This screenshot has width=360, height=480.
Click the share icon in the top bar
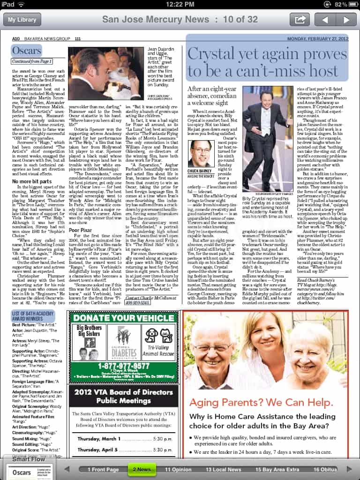pos(299,20)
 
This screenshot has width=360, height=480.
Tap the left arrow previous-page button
pos(324,20)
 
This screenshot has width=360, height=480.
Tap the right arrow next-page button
pos(346,20)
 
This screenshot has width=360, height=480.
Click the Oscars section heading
pos(26,51)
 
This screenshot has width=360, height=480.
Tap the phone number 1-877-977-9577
pos(123,366)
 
